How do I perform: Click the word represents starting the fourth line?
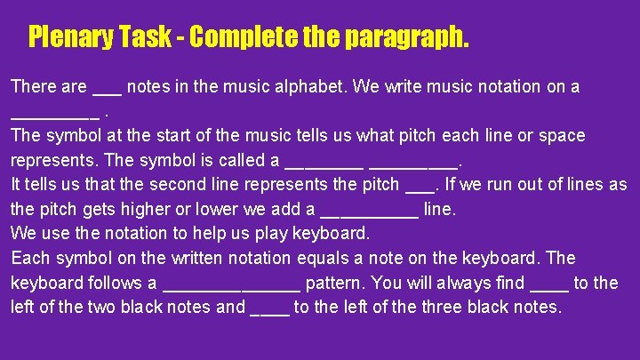pos(52,161)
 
